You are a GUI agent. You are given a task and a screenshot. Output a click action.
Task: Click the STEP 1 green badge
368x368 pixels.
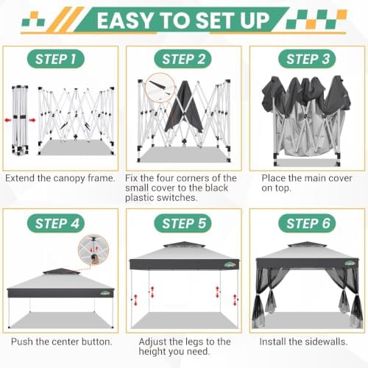pos(56,59)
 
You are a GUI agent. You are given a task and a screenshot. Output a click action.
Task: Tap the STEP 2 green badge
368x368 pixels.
pos(183,59)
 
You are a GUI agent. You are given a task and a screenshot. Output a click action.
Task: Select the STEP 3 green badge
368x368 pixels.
pos(307,59)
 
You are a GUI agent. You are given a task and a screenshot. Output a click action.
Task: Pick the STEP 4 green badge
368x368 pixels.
pos(56,224)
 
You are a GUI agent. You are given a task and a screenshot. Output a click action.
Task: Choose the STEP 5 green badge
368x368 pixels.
pos(183,224)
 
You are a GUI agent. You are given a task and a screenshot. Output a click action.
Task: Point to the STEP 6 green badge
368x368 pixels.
pos(307,224)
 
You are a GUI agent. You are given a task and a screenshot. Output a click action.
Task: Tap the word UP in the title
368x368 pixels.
pos(255,21)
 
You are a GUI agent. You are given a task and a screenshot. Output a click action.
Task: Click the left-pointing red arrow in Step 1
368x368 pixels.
pos(8,120)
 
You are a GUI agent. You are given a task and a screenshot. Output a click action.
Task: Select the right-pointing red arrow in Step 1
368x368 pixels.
pos(32,120)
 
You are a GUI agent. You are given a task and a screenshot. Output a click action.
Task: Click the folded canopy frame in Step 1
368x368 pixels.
pos(20,120)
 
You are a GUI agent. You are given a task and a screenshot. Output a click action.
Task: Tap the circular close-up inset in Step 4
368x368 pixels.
pos(93,250)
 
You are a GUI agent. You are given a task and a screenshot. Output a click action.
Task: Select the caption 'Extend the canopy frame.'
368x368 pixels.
pos(60,178)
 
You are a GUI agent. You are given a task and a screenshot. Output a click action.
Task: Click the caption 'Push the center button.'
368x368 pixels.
pos(62,342)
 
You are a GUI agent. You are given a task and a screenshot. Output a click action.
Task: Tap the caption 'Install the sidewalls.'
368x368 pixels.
pos(303,342)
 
